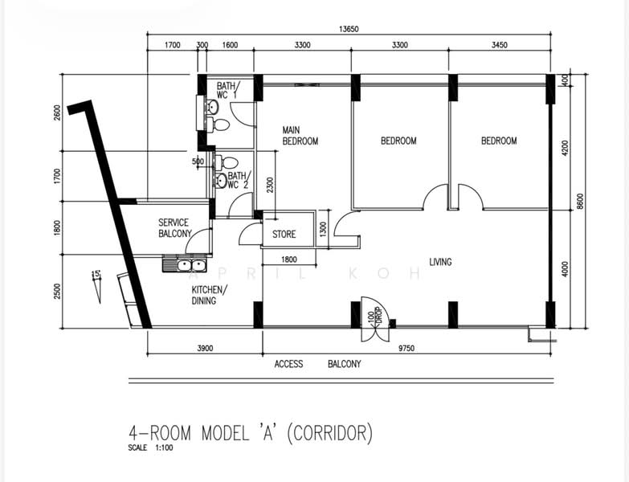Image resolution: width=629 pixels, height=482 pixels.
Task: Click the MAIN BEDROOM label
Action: tap(300, 136)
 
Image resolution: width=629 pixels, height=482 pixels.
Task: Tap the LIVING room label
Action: tap(440, 262)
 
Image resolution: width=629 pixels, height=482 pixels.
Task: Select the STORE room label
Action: tap(284, 235)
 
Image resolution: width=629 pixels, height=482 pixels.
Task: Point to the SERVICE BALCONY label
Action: tap(175, 228)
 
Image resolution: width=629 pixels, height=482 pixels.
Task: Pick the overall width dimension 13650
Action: tap(349, 29)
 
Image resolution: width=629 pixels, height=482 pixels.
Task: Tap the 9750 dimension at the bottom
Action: tap(406, 349)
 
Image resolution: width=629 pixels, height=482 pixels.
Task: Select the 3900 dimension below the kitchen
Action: tap(205, 349)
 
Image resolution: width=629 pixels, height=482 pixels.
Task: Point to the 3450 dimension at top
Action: tap(500, 45)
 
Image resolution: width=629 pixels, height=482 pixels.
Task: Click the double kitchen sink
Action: tap(185, 265)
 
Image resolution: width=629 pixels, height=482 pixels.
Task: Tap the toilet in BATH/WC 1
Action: tap(219, 125)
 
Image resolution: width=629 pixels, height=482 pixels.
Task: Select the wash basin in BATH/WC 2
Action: tap(221, 181)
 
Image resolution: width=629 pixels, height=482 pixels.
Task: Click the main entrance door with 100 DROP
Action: tap(375, 319)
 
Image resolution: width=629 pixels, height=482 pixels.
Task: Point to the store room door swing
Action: tap(250, 235)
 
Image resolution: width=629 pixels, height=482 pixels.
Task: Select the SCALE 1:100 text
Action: tap(150, 447)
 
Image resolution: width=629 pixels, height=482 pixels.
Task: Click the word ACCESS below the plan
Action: tap(288, 364)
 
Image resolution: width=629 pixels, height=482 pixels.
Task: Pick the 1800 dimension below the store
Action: tap(289, 259)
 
